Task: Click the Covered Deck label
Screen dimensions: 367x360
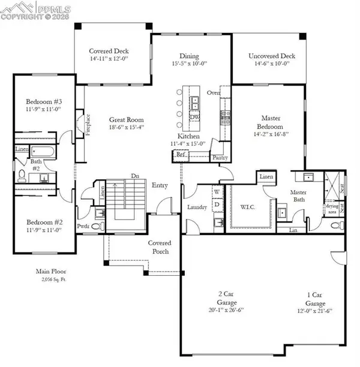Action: tap(109, 52)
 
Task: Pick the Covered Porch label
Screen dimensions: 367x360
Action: tap(160, 247)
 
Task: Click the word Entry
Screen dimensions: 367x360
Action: tap(160, 185)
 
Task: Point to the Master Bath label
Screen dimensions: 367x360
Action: tap(298, 195)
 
